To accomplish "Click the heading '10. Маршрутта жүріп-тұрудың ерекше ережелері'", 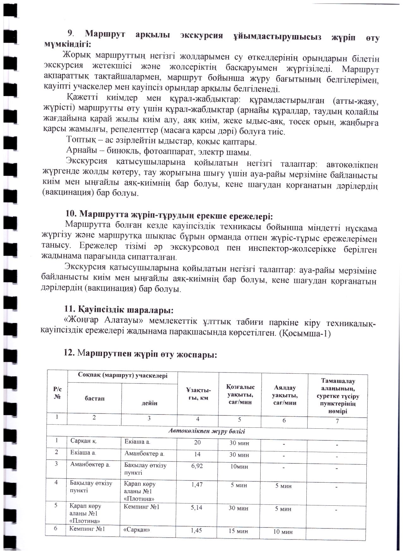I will [x=169, y=216].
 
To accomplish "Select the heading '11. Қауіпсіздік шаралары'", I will [x=119, y=310].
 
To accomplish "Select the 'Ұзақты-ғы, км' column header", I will [x=198, y=394].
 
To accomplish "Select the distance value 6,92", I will [x=197, y=466].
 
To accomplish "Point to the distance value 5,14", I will [x=196, y=508].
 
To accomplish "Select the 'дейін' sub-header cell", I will [x=150, y=403].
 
